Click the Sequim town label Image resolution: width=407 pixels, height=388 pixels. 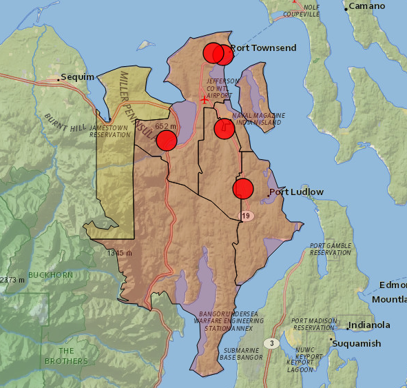[77, 77]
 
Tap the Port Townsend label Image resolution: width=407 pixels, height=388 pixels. [263, 48]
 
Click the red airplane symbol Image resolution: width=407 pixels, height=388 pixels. [205, 99]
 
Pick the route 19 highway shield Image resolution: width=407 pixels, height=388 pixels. [246, 216]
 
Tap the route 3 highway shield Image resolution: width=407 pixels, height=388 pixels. [272, 343]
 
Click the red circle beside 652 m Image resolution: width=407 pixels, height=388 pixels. [167, 141]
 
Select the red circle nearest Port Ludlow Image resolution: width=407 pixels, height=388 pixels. [243, 188]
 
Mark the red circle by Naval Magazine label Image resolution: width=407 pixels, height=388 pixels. [225, 129]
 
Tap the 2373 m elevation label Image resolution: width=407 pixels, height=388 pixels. [12, 280]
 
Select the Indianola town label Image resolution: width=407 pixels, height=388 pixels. [368, 325]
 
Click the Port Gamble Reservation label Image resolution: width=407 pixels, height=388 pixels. [330, 249]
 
